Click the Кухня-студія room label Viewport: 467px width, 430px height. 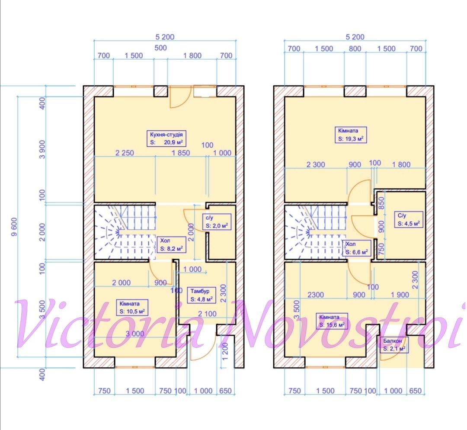pos(166,138)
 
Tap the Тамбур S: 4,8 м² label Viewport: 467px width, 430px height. pos(202,295)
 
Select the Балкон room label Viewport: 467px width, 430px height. pos(394,345)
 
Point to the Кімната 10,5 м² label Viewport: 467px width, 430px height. pos(132,308)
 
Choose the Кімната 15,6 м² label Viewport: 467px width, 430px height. pos(332,321)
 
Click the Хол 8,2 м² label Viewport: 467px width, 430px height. pos(171,245)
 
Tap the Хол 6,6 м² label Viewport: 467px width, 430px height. pos(356,248)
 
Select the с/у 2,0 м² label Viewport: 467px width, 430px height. pos(217,221)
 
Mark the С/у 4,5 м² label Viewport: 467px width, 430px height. pos(409,219)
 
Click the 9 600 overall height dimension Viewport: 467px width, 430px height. pos(14,227)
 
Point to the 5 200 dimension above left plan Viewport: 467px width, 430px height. pos(165,37)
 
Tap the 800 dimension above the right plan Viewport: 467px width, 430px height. pos(355,48)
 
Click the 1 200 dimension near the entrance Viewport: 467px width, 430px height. pos(225,351)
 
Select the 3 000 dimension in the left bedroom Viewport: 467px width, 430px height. pos(135,334)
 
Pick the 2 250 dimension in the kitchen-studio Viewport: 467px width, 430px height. pos(125,153)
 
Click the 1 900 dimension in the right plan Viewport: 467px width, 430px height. pos(400,295)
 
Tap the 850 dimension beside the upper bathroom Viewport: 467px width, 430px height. pos(381,203)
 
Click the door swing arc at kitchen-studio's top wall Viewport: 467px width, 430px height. pos(180,101)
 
